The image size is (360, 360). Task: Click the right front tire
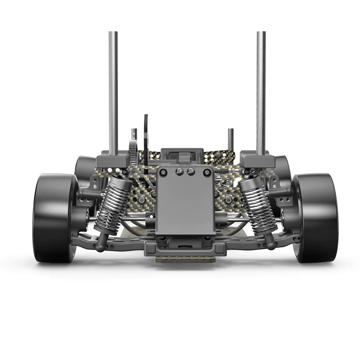(317, 218)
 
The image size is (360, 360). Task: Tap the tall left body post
(113, 90)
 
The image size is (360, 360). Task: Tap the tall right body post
(261, 90)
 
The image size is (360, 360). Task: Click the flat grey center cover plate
(185, 205)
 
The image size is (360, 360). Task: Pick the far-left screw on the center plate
(163, 173)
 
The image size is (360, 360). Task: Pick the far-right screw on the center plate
(207, 173)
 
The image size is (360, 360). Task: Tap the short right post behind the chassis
(230, 139)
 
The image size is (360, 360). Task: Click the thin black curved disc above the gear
(146, 137)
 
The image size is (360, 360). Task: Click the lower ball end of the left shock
(99, 247)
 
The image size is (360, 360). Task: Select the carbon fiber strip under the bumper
(185, 259)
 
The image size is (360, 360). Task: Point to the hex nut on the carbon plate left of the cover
(142, 199)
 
